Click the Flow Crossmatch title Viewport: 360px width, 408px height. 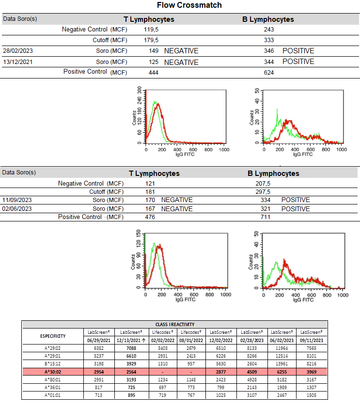(189, 5)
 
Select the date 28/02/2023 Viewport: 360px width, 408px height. (18, 51)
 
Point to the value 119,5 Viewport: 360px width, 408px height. (152, 30)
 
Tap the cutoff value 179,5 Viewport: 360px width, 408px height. (152, 40)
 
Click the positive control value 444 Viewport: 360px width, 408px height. (154, 73)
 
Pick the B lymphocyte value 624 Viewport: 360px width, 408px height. (269, 73)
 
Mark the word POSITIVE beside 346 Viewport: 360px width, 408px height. (298, 51)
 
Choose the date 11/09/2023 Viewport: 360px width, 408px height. (17, 200)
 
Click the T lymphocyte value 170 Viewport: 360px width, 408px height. (150, 200)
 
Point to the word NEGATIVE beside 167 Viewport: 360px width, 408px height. (177, 209)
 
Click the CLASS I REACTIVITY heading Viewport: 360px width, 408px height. (174, 324)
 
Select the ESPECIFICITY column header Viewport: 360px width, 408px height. (53, 335)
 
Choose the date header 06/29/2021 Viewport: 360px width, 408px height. (99, 340)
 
